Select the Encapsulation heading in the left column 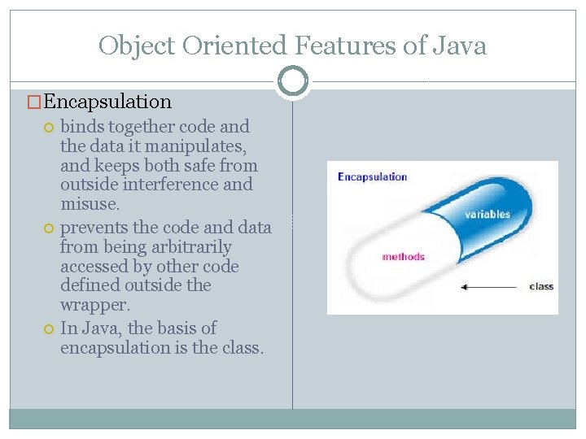(107, 102)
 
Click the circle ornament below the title (293, 81)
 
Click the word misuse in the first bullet (90, 204)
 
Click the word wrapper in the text (94, 305)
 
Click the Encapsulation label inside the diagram (372, 176)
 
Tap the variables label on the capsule (487, 215)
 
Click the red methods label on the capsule (403, 257)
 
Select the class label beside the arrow (541, 286)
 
